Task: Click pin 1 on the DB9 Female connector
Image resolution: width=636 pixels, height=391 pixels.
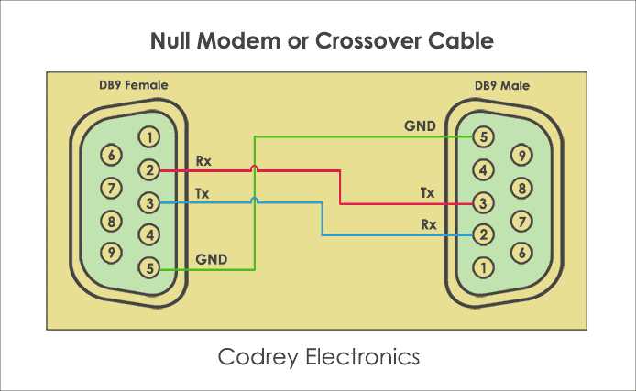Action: click(148, 138)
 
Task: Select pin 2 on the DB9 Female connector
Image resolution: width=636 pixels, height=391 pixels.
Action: click(148, 170)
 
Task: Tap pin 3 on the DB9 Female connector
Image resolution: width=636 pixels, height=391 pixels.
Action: click(148, 202)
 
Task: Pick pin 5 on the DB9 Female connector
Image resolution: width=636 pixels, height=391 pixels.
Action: click(148, 268)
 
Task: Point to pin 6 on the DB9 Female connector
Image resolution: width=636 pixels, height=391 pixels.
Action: click(112, 156)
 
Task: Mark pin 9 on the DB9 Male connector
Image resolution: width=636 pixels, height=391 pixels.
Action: click(521, 156)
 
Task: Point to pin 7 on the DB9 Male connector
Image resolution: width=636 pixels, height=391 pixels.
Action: click(521, 221)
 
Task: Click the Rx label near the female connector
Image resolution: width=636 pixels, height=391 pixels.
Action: click(203, 161)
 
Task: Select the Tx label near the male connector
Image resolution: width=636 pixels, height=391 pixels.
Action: click(427, 193)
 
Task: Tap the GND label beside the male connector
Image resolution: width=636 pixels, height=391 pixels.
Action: click(420, 125)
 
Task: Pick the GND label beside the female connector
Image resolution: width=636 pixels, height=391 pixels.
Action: click(212, 259)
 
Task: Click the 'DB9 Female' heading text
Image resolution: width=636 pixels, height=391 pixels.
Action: click(133, 85)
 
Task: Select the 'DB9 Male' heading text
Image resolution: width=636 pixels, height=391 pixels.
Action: click(501, 85)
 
